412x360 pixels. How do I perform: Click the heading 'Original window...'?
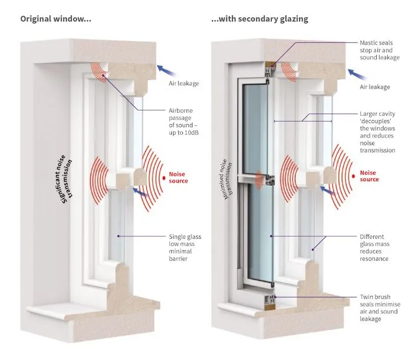coord(56,19)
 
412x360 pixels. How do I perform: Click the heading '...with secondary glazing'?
coord(260,19)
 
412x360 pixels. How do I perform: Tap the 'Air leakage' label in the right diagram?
coord(374,87)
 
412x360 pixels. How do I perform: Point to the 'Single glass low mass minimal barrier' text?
coord(185,247)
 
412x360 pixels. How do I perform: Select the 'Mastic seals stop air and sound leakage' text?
coord(380,50)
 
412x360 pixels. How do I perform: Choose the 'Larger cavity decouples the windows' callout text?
coord(377,132)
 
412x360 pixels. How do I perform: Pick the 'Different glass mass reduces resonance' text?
coord(374,247)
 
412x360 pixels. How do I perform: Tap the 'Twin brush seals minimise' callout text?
coord(378,307)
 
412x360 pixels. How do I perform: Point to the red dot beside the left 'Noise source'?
coord(163,177)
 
